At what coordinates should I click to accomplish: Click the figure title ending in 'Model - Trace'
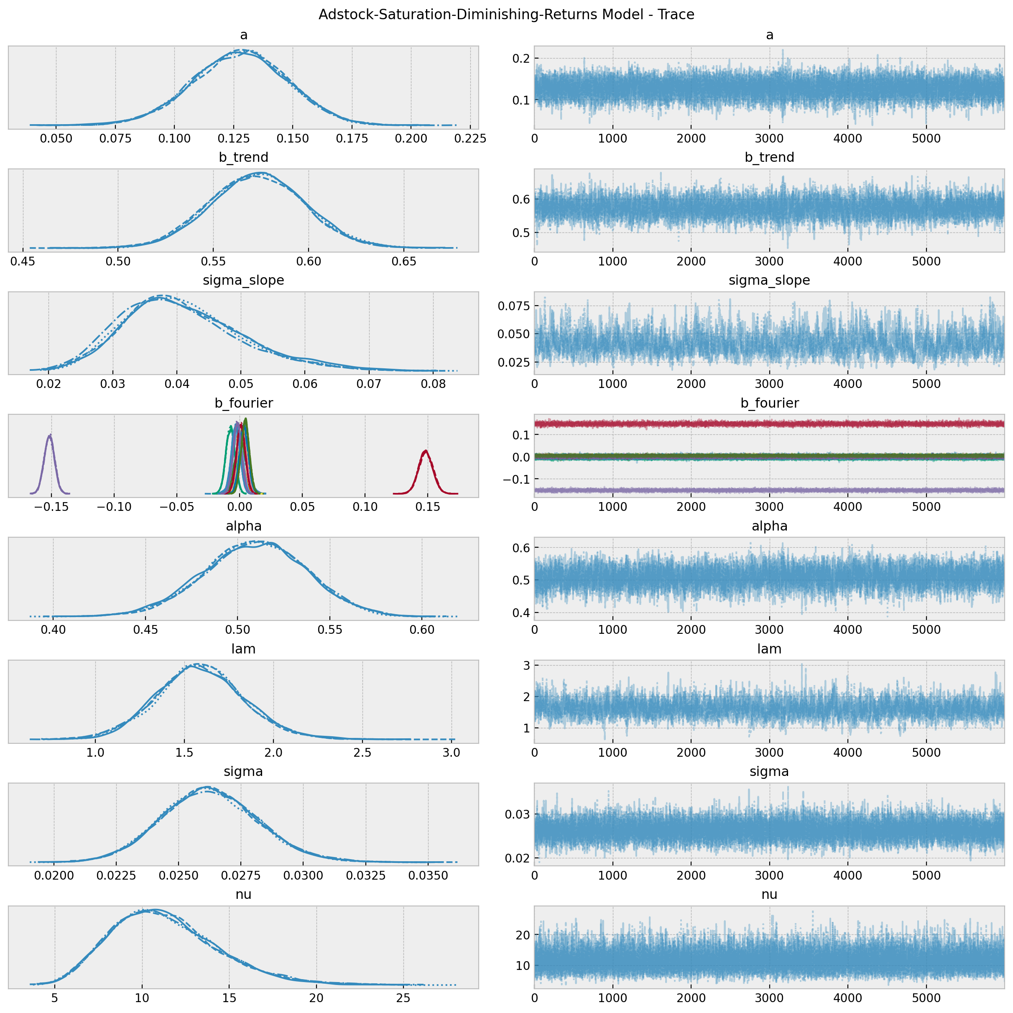coord(507,14)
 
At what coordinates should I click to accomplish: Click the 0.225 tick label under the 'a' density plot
coord(470,138)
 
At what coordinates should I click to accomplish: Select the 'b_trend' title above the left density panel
coord(243,157)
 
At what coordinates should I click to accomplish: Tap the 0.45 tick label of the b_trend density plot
coord(23,261)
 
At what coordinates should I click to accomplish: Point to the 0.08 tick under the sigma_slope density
coord(433,384)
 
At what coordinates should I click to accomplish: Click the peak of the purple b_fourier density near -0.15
coord(50,435)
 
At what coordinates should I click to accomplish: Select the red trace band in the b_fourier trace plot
coord(769,424)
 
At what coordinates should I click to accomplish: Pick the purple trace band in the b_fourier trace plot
coord(769,490)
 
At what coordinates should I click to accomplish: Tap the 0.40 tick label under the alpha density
coord(53,629)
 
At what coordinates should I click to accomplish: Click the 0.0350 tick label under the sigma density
coord(429,875)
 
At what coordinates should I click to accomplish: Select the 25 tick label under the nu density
coord(403,998)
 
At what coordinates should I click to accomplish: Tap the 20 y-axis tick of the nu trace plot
coord(523,935)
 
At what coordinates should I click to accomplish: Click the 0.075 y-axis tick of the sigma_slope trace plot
coord(514,306)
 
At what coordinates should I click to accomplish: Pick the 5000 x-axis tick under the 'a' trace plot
coord(926,138)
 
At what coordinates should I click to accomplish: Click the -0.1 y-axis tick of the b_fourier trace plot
coord(516,480)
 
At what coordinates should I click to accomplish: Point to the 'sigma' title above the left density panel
coord(243,771)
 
